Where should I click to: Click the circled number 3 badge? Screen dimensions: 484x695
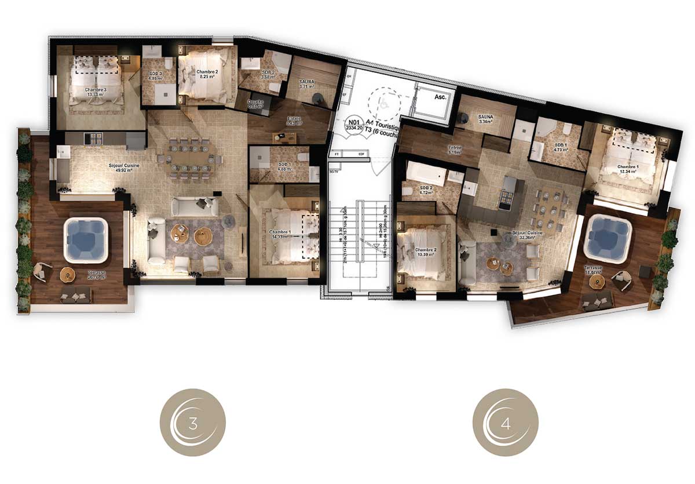(x=192, y=422)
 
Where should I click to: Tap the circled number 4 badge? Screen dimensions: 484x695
(x=506, y=422)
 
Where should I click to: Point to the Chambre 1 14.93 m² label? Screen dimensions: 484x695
(x=281, y=234)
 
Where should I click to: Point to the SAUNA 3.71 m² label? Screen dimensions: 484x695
(x=308, y=84)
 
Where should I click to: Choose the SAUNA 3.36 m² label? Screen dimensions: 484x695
(x=485, y=119)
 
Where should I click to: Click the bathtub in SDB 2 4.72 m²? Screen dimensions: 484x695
(x=426, y=172)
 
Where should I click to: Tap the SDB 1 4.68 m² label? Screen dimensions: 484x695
(x=284, y=167)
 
